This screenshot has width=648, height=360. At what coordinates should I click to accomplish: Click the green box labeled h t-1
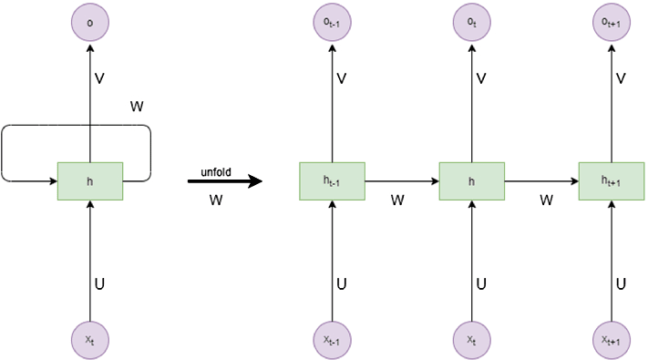pyautogui.click(x=332, y=180)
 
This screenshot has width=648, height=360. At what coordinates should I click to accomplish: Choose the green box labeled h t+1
pyautogui.click(x=611, y=180)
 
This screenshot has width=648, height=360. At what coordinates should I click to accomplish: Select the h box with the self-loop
pyautogui.click(x=89, y=180)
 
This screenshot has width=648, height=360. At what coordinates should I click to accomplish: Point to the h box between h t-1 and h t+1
pyautogui.click(x=471, y=180)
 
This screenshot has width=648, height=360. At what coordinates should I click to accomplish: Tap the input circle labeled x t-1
pyautogui.click(x=332, y=338)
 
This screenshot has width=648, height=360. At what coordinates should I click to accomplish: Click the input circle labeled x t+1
pyautogui.click(x=611, y=338)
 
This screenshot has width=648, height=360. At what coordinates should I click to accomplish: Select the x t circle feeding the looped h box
pyautogui.click(x=89, y=338)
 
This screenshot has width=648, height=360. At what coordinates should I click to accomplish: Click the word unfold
pyautogui.click(x=222, y=170)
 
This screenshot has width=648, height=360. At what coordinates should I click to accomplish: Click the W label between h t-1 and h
pyautogui.click(x=397, y=198)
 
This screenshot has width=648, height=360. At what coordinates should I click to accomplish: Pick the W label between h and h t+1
pyautogui.click(x=546, y=198)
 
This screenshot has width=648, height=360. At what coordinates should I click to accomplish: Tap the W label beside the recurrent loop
pyautogui.click(x=137, y=106)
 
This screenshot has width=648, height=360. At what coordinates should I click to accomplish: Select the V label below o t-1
pyautogui.click(x=342, y=79)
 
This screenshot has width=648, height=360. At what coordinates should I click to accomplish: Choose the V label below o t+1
pyautogui.click(x=621, y=79)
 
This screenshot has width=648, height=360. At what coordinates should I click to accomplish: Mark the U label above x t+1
pyautogui.click(x=621, y=283)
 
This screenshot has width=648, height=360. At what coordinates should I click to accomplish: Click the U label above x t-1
pyautogui.click(x=342, y=283)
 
